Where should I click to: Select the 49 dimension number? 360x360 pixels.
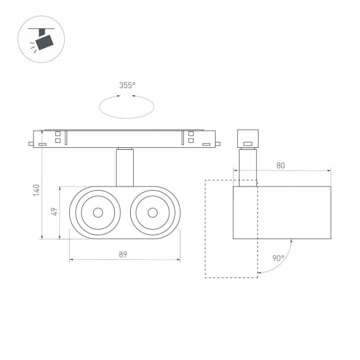(55, 212)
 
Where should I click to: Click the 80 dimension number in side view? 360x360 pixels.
(281, 164)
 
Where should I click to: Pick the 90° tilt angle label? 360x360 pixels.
(279, 258)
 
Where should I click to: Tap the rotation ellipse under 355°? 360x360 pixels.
(126, 107)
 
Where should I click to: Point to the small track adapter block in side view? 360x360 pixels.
(248, 139)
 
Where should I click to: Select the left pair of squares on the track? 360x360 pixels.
(58, 138)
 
